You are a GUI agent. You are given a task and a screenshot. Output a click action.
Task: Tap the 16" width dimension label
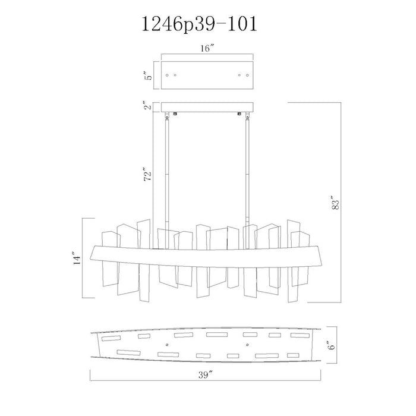207,49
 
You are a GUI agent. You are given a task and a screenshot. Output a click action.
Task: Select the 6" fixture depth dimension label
332,345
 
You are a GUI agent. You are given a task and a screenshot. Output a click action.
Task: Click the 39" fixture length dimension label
206,375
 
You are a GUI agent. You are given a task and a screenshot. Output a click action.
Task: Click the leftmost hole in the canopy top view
167,75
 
